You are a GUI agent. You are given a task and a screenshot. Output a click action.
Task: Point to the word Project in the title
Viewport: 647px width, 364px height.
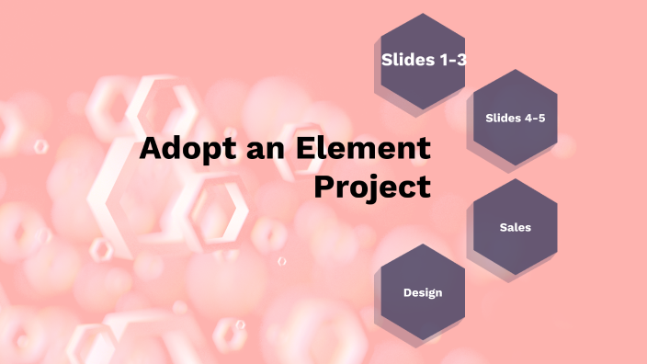click(x=372, y=187)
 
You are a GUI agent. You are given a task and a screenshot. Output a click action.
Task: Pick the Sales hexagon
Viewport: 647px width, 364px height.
click(x=515, y=226)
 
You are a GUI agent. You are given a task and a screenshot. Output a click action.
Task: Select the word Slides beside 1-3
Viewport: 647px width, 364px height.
click(x=406, y=61)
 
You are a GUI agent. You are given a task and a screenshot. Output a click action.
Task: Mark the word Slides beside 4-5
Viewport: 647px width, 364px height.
click(x=502, y=117)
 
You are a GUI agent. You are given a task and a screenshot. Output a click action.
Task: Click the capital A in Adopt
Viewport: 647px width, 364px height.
click(x=151, y=149)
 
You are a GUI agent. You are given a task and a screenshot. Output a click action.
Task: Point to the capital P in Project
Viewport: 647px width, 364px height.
click(x=323, y=186)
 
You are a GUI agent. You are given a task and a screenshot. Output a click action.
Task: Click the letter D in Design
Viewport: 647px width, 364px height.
click(x=406, y=292)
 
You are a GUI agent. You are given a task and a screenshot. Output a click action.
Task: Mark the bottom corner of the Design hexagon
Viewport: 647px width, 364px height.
click(x=423, y=340)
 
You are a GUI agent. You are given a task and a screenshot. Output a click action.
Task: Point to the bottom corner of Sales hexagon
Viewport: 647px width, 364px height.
click(x=515, y=274)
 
